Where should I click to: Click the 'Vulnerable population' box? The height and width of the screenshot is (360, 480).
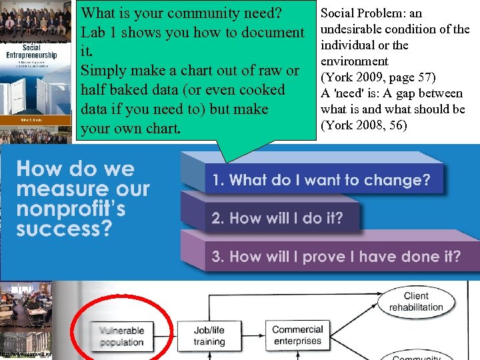click(x=122, y=336)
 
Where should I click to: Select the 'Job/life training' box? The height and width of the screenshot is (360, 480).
click(x=209, y=336)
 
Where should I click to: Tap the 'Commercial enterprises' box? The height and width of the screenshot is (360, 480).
click(x=298, y=335)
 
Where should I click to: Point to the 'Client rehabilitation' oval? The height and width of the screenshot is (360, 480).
click(x=416, y=301)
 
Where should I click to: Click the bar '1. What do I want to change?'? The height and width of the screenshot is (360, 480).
click(x=321, y=180)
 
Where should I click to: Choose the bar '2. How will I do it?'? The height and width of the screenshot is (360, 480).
click(x=277, y=217)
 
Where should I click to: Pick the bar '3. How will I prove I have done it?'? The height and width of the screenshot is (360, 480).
click(x=336, y=257)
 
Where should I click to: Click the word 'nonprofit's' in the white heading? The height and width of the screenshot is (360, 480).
click(x=71, y=209)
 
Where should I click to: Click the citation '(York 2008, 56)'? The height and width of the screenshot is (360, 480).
click(x=363, y=125)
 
